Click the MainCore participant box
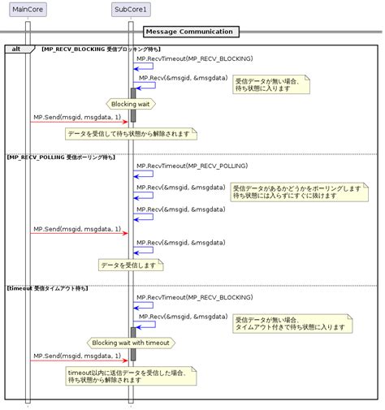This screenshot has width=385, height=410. [28, 10]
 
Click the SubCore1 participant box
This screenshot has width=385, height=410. [130, 10]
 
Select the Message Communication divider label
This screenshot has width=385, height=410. [190, 32]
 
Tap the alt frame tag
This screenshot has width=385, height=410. [16, 50]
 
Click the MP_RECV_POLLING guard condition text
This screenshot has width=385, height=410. [61, 157]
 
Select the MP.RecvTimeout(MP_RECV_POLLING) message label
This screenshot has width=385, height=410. [192, 165]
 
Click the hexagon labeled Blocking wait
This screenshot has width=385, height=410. [130, 103]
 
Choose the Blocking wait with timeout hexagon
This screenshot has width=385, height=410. [130, 343]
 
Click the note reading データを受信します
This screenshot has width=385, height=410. [130, 265]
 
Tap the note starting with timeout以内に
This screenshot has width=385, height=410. [130, 375]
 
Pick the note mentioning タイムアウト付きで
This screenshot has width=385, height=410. [292, 323]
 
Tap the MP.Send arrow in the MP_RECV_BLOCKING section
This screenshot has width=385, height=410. [78, 122]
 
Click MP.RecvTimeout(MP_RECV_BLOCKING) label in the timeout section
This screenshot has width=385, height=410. [194, 297]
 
